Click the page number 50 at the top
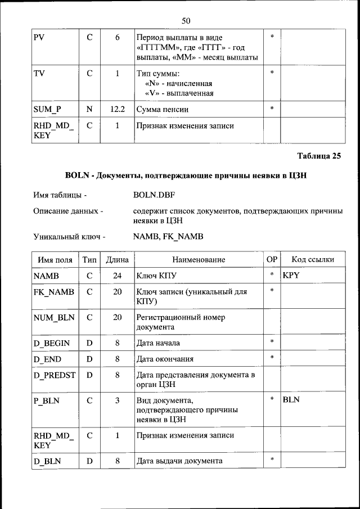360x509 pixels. pos(186,21)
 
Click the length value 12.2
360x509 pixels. pos(117,109)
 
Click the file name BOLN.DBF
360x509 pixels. pos(155,195)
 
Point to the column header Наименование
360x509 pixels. pos(199,259)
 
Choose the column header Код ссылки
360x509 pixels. pos(313,259)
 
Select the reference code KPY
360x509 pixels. pos(292,276)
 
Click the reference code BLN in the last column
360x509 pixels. pos(291,399)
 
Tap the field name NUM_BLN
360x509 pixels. pos(54,317)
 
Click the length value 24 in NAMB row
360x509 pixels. pos(117,276)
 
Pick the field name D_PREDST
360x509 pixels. pos(55,375)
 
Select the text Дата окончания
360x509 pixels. pos(165,359)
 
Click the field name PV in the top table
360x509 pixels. pos(39,37)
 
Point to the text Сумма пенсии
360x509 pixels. pos(163,109)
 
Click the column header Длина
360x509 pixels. pos(117,259)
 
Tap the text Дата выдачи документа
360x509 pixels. pos(179,461)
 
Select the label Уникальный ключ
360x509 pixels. pos(69,237)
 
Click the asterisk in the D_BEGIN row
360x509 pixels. pos(272,341)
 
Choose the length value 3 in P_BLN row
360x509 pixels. pos(117,400)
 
